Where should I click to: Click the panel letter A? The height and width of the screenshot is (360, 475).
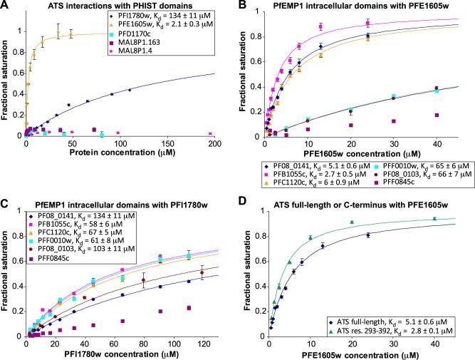click(x=6, y=6)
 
